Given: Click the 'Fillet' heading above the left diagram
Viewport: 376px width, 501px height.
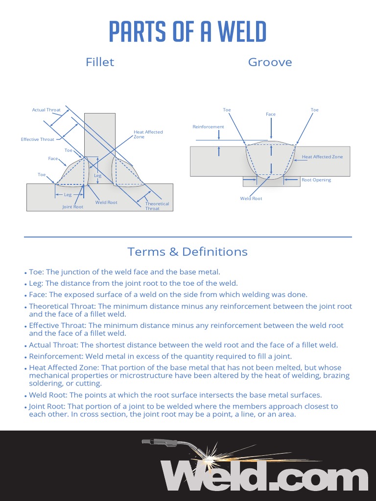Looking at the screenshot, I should point(100,62).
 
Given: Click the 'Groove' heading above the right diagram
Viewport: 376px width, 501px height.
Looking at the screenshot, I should point(270,62).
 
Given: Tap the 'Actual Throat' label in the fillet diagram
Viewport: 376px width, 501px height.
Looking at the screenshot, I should point(47,110).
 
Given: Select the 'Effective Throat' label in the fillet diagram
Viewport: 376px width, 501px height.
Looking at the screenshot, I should point(38,139).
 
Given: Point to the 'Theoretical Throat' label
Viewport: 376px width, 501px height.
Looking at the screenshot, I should point(157,206).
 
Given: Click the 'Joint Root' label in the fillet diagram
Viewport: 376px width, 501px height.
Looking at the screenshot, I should point(72,207).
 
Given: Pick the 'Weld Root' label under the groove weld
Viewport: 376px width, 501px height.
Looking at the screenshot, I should point(251,199).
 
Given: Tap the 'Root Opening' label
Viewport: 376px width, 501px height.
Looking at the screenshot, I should point(316,180).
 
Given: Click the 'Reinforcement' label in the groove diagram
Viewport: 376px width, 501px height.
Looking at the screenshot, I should point(208,127).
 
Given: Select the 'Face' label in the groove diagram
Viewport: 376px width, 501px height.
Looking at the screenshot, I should point(271,114).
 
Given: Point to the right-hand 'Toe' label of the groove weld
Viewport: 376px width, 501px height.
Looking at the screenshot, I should point(314,110).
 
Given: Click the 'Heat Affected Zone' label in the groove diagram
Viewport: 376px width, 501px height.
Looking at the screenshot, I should point(322,157).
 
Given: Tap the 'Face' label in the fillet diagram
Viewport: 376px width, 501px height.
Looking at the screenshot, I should point(53,159).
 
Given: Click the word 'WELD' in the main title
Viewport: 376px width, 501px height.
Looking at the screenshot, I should point(242,32).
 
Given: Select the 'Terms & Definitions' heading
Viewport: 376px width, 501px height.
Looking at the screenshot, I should point(188,252).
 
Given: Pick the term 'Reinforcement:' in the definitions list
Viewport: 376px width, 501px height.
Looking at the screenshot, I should point(55,356).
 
